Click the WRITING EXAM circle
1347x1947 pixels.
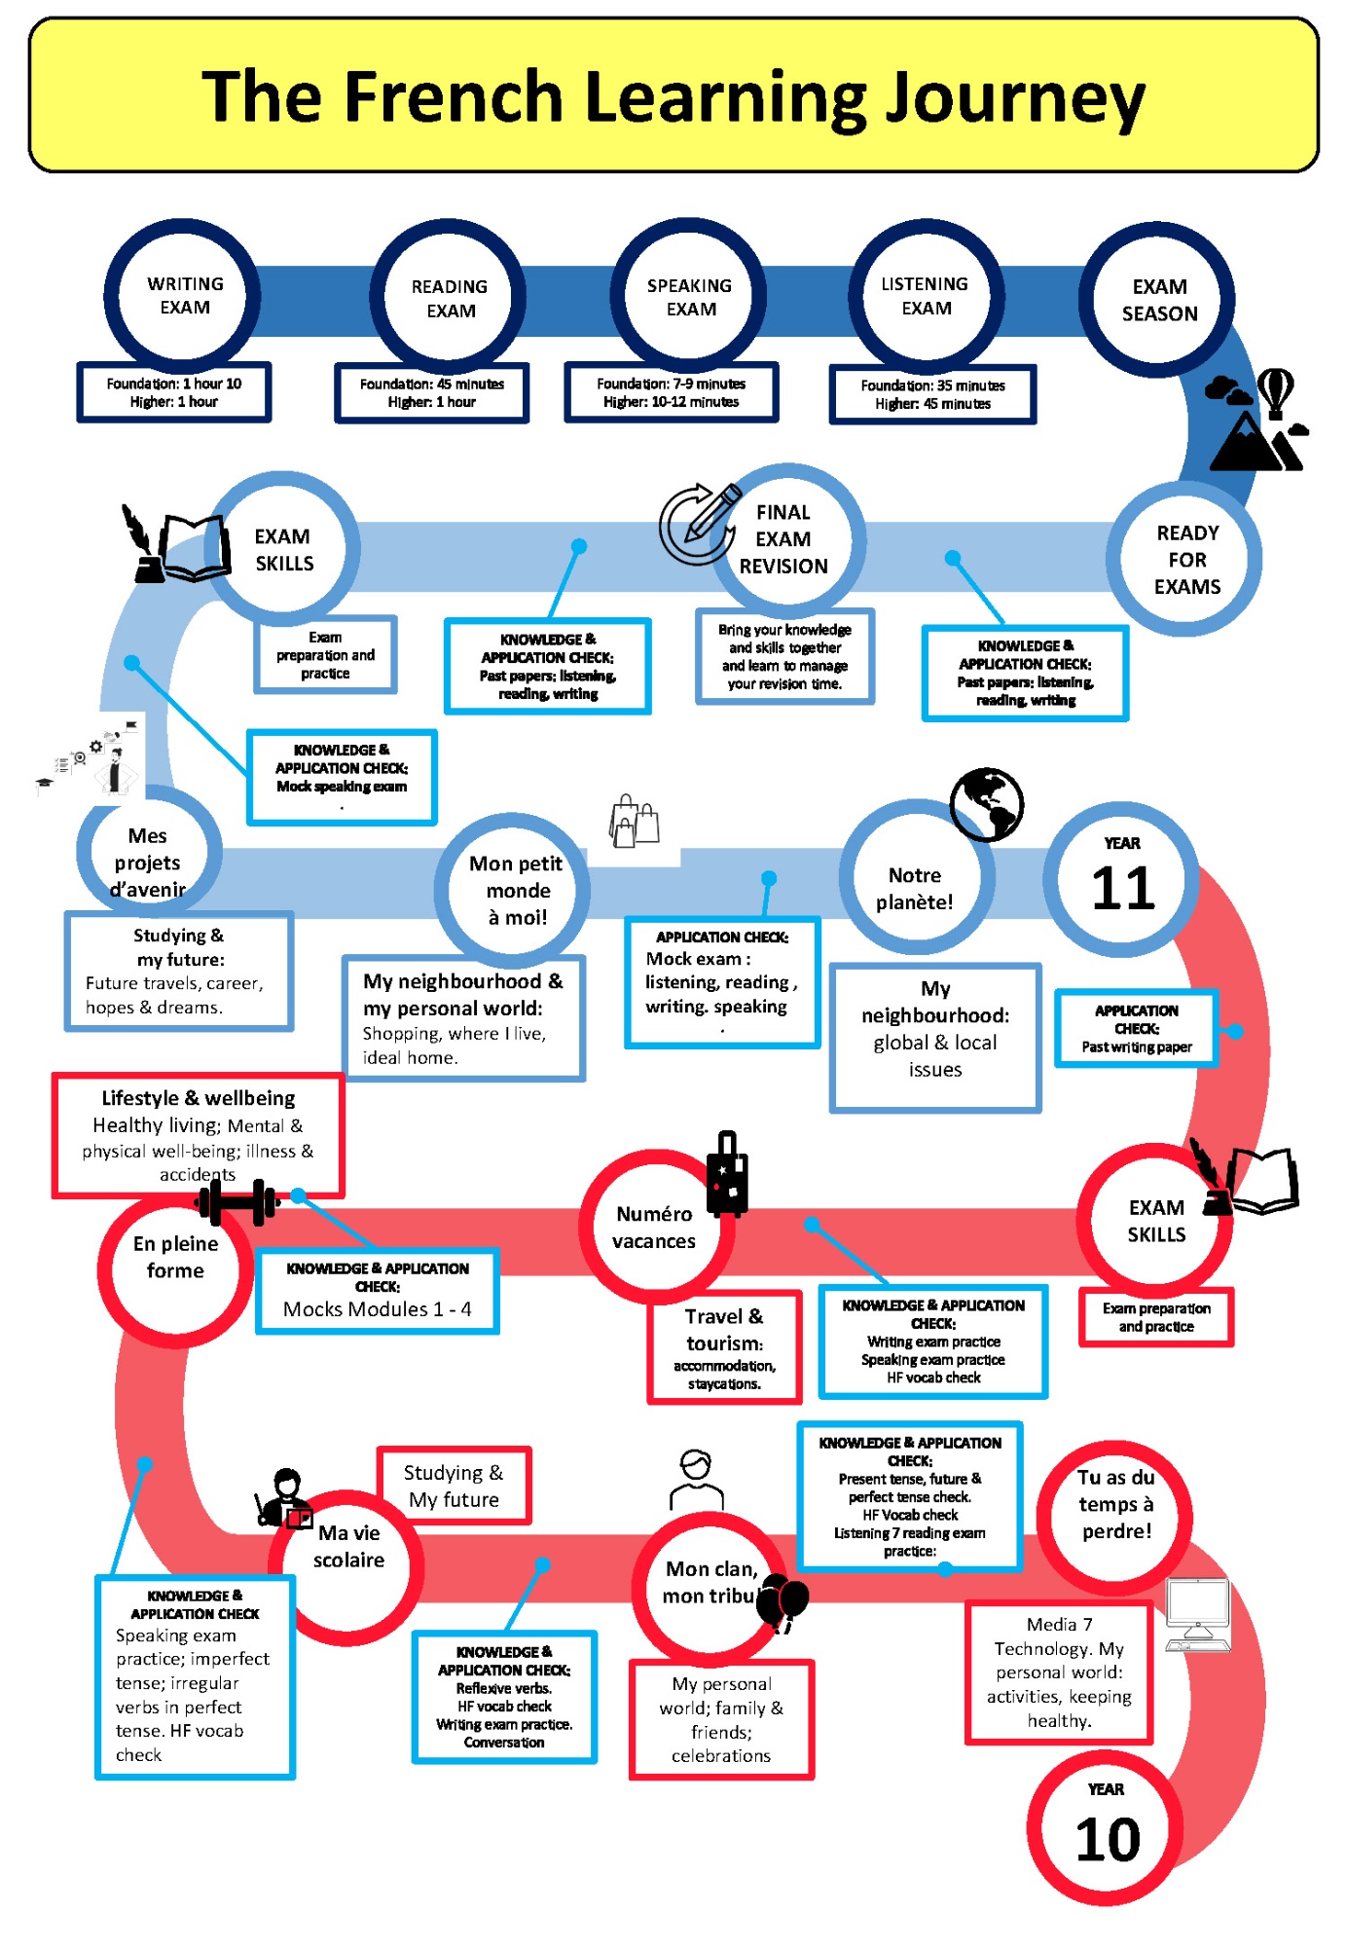pyautogui.click(x=183, y=296)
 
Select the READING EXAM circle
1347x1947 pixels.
pyautogui.click(x=449, y=298)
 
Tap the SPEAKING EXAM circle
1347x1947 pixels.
pyautogui.click(x=689, y=297)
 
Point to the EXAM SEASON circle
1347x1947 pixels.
pyautogui.click(x=1158, y=299)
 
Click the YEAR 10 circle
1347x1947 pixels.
pyautogui.click(x=1106, y=1829)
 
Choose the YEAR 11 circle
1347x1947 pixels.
pyautogui.click(x=1122, y=879)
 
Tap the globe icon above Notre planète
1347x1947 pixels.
pyautogui.click(x=986, y=804)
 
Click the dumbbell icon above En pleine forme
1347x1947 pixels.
pyautogui.click(x=237, y=1202)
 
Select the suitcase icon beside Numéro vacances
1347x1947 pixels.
pyautogui.click(x=727, y=1174)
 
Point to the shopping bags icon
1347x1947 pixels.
pyautogui.click(x=634, y=820)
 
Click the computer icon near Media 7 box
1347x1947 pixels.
pyautogui.click(x=1198, y=1615)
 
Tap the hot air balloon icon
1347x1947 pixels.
pyautogui.click(x=1275, y=391)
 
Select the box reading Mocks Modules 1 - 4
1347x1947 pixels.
pyautogui.click(x=378, y=1291)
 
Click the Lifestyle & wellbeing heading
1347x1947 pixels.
pyautogui.click(x=199, y=1098)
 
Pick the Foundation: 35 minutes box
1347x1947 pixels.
pyautogui.click(x=932, y=394)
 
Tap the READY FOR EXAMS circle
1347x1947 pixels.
pyautogui.click(x=1186, y=560)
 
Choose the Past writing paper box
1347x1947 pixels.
pyautogui.click(x=1136, y=1028)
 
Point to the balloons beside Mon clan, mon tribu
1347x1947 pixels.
pyautogui.click(x=784, y=1602)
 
